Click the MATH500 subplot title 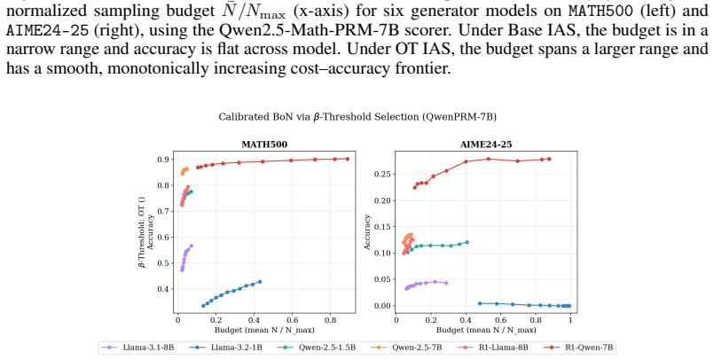(x=264, y=145)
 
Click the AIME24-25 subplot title (x=486, y=145)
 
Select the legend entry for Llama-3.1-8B (x=137, y=348)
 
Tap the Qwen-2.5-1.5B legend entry (x=317, y=348)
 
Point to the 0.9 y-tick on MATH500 (x=163, y=160)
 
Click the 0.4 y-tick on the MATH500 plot (x=163, y=289)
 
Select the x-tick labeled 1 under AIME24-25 (x=570, y=319)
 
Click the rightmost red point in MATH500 (x=348, y=159)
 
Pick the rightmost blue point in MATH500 (x=260, y=282)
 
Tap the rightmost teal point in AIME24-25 (x=467, y=242)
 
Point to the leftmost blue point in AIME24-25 (x=480, y=303)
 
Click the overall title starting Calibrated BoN (x=357, y=117)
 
